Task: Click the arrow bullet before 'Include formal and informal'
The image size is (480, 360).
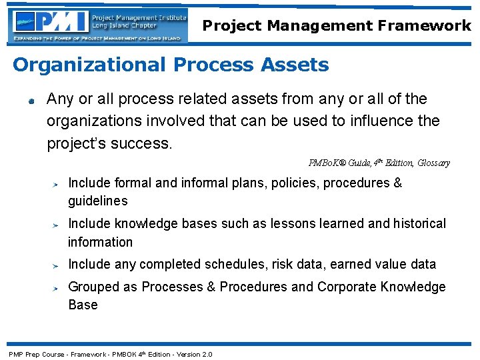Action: tap(58, 185)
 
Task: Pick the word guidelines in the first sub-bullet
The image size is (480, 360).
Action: tap(97, 201)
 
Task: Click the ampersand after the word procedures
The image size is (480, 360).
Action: tap(397, 183)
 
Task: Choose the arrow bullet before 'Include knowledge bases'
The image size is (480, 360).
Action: tap(58, 225)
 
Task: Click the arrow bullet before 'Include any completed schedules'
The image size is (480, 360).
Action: tap(58, 266)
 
